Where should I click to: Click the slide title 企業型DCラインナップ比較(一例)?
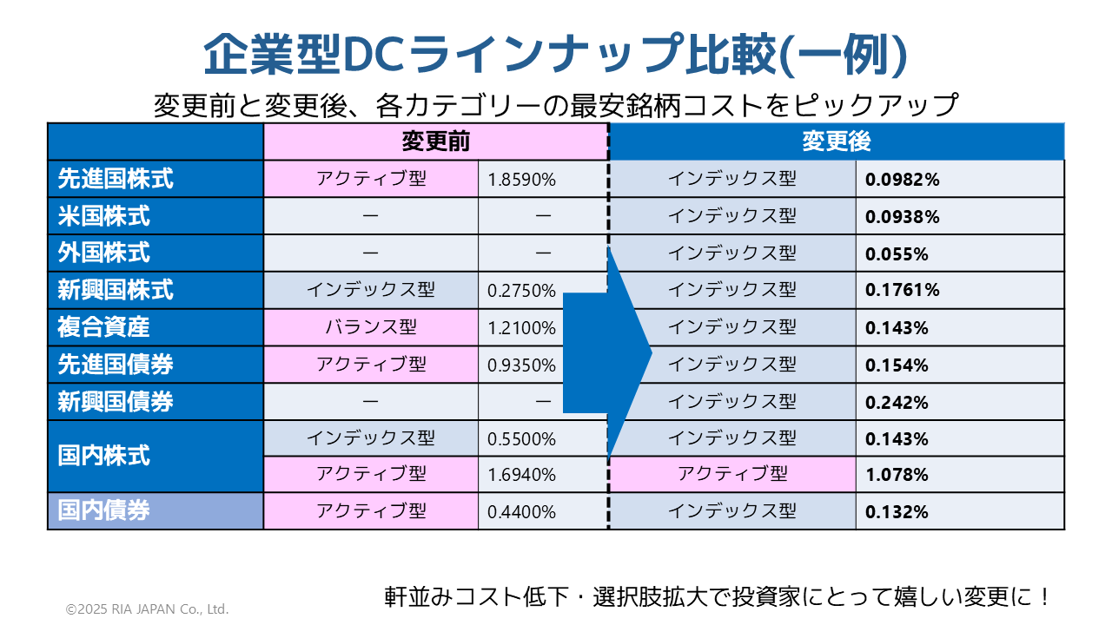(x=556, y=56)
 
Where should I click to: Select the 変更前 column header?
(x=436, y=141)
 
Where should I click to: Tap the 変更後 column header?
(x=837, y=141)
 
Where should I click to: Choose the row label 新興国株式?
(x=116, y=290)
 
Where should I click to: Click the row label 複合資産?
(x=104, y=327)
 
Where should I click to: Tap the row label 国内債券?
(x=104, y=510)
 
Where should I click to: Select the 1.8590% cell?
(x=521, y=180)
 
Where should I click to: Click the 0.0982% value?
(x=903, y=180)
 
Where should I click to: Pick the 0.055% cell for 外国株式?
(x=897, y=254)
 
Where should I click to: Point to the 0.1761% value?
(x=903, y=291)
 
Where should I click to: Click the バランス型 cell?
(x=371, y=327)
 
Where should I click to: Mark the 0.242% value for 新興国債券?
(x=897, y=403)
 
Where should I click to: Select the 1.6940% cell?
(x=521, y=475)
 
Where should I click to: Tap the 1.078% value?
(x=897, y=475)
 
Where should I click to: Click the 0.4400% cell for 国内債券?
(x=521, y=512)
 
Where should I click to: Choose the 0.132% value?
(x=897, y=512)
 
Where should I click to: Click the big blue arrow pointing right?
(x=608, y=352)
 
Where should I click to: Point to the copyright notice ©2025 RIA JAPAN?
(x=147, y=609)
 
